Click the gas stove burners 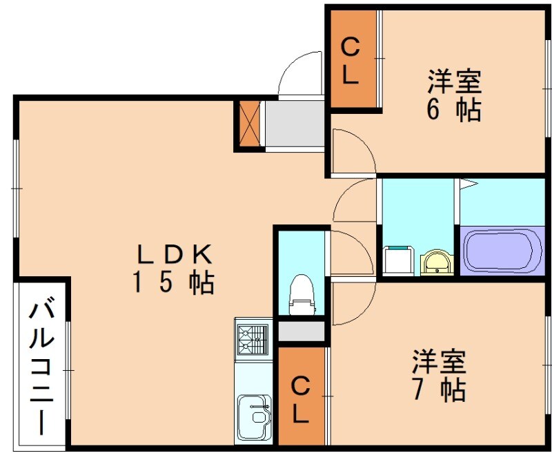point(253,338)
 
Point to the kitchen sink point(254,415)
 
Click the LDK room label point(173,255)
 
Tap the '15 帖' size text point(173,282)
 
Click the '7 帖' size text point(439,390)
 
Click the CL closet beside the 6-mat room point(351,60)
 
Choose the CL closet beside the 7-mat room point(301,399)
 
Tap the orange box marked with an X point(248,124)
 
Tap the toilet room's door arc point(350,245)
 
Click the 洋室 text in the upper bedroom point(453,83)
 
